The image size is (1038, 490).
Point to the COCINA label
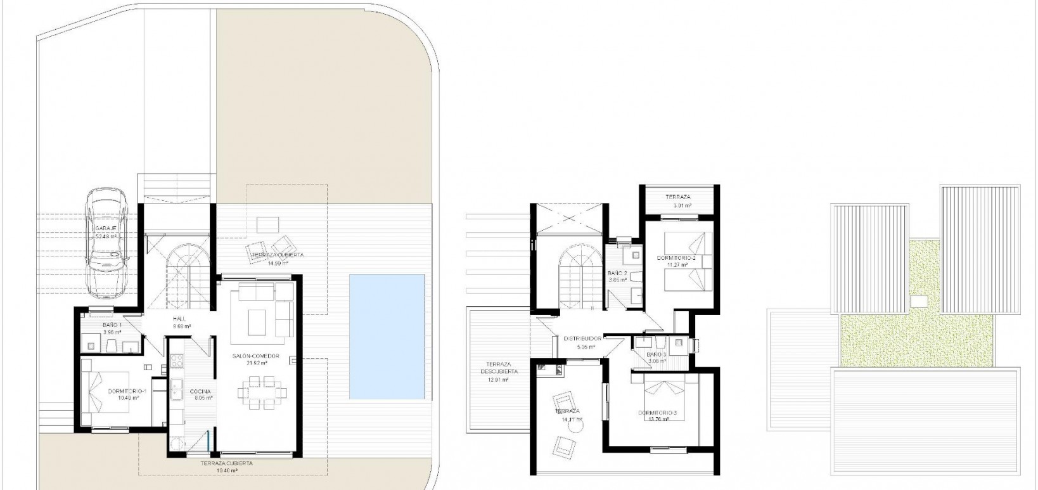200,391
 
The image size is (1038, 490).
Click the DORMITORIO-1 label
127,391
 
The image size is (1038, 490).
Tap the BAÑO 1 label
112,325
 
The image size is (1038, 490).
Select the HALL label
178,319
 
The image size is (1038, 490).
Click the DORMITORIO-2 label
676,259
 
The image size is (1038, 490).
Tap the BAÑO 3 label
657,354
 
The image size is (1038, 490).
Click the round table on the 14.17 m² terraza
575,428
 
